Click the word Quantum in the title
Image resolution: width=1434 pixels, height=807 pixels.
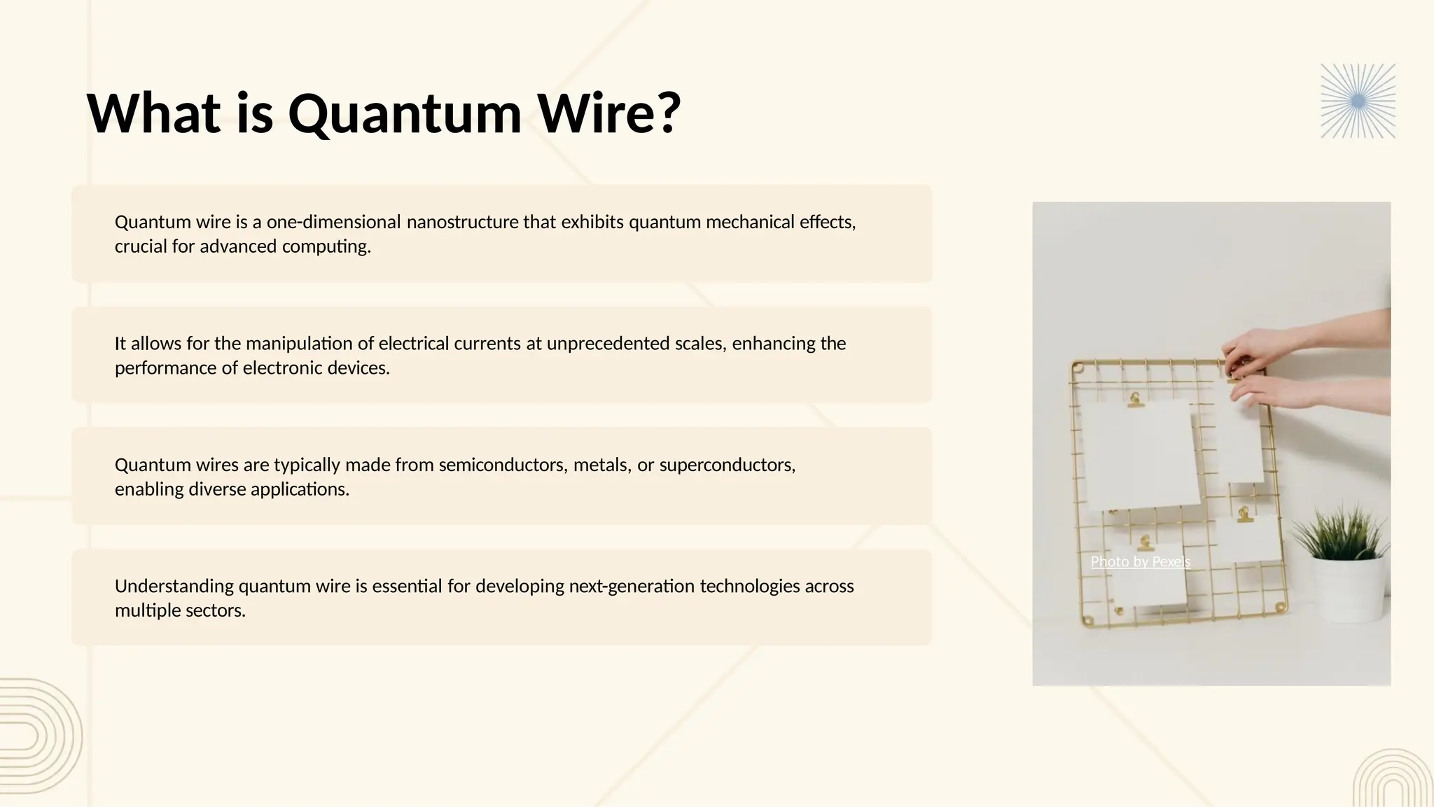pos(405,113)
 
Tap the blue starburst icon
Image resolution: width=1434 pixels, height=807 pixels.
pos(1358,101)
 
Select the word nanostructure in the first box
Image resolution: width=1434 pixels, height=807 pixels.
pos(463,222)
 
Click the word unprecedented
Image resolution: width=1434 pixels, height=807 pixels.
pos(608,343)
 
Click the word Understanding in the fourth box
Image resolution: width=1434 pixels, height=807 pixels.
pos(174,586)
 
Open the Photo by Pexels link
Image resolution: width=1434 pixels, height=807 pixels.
pos(1140,561)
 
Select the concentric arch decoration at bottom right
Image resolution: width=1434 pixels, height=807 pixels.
pos(1393,780)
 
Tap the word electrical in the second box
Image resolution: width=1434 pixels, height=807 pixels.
pos(413,343)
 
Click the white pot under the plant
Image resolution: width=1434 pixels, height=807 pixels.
pos(1348,588)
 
